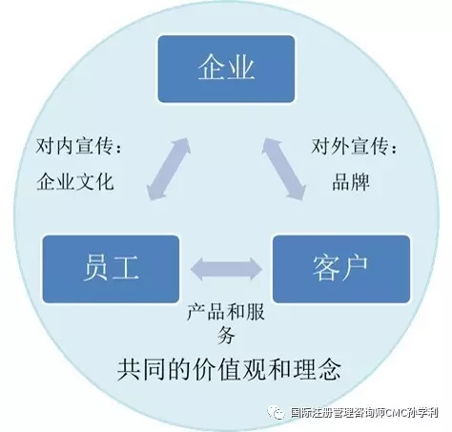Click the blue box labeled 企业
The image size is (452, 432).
pyautogui.click(x=226, y=69)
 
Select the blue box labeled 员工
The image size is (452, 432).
pyautogui.click(x=111, y=269)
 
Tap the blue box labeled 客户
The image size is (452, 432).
pyautogui.click(x=341, y=269)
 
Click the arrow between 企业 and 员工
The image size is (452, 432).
pyautogui.click(x=169, y=169)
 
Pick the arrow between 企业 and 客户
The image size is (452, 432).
pyautogui.click(x=284, y=169)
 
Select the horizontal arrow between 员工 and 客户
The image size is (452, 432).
pyautogui.click(x=226, y=269)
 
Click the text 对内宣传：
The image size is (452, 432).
pyautogui.click(x=78, y=146)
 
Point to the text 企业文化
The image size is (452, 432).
pyautogui.click(x=75, y=182)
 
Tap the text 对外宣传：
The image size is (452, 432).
pyautogui.click(x=354, y=146)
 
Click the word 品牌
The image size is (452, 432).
pyautogui.click(x=351, y=182)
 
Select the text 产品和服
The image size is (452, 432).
pyautogui.click(x=226, y=312)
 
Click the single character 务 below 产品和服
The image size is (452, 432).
pyautogui.click(x=226, y=335)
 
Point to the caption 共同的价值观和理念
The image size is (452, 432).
pyautogui.click(x=229, y=369)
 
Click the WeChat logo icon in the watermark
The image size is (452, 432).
pyautogui.click(x=276, y=413)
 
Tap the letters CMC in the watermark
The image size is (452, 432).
pyautogui.click(x=398, y=413)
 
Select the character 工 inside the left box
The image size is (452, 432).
pyautogui.click(x=125, y=268)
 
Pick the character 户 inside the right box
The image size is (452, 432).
pyautogui.click(x=355, y=268)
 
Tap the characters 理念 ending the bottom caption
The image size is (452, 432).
pyautogui.click(x=317, y=369)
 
